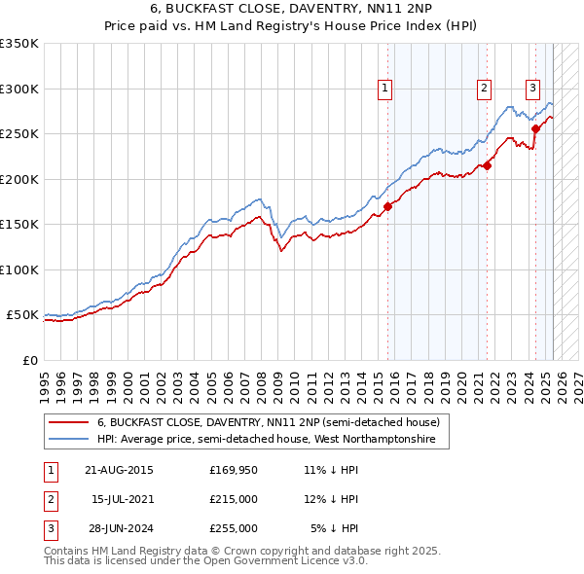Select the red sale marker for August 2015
(x=387, y=206)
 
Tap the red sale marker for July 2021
(x=488, y=165)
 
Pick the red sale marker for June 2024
(x=535, y=127)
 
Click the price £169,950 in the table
(x=234, y=470)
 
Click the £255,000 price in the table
(x=234, y=528)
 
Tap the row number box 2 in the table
(x=49, y=499)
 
